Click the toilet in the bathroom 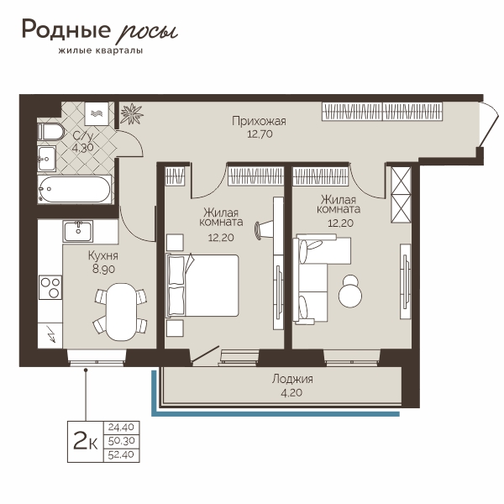pyautogui.click(x=51, y=132)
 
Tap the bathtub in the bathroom pyautogui.click(x=75, y=189)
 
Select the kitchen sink pyautogui.click(x=78, y=231)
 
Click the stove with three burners pyautogui.click(x=50, y=287)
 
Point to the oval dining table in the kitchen pyautogui.click(x=120, y=312)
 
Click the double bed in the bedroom pyautogui.click(x=202, y=286)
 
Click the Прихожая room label pyautogui.click(x=259, y=122)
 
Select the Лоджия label pyautogui.click(x=292, y=380)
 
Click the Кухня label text pyautogui.click(x=103, y=256)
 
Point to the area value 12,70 pyautogui.click(x=260, y=134)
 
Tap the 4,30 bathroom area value pyautogui.click(x=83, y=148)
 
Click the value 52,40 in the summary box pyautogui.click(x=121, y=454)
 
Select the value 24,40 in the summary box pyautogui.click(x=121, y=428)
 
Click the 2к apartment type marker pyautogui.click(x=85, y=441)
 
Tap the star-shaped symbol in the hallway pyautogui.click(x=132, y=113)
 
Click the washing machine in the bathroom pyautogui.click(x=97, y=113)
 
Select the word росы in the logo pyautogui.click(x=145, y=32)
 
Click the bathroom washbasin pyautogui.click(x=47, y=159)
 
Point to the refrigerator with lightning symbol pyautogui.click(x=50, y=335)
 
